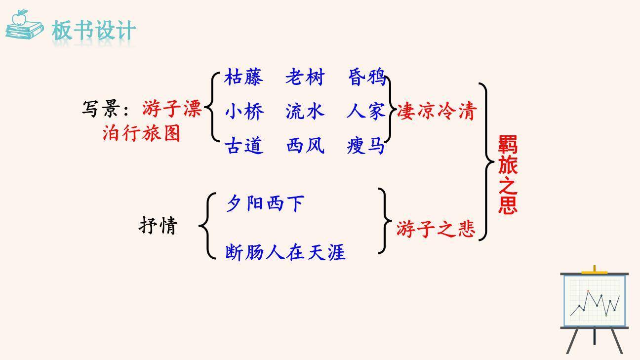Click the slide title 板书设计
(94, 30)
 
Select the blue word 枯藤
(244, 78)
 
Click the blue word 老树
(305, 78)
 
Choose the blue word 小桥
(244, 112)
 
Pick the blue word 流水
(305, 112)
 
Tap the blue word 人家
(366, 112)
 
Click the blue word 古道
(244, 146)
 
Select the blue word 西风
(305, 146)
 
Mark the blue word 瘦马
(366, 146)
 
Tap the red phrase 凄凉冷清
(436, 112)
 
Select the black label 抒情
(158, 226)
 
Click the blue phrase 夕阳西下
(265, 203)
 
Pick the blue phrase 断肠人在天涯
(285, 252)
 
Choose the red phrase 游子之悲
(436, 229)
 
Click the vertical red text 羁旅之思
(508, 175)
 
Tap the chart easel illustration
(595, 309)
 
